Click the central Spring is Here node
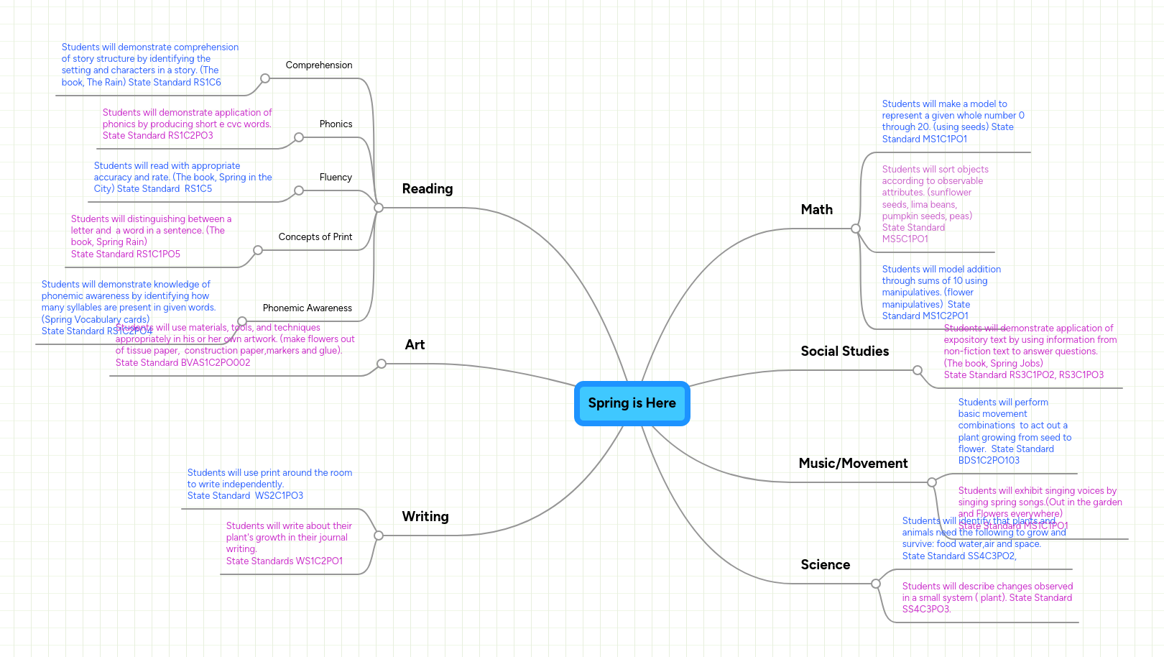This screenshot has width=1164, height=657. (x=632, y=403)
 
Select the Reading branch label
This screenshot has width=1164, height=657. (x=428, y=189)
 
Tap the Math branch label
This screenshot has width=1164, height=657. (x=817, y=210)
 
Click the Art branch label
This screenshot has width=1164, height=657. (x=415, y=345)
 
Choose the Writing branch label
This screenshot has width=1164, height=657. (x=425, y=517)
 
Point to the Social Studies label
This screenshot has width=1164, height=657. (x=845, y=352)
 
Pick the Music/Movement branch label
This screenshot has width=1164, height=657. (x=853, y=464)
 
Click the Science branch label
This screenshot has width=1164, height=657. (x=826, y=565)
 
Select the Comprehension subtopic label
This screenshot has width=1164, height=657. (x=319, y=65)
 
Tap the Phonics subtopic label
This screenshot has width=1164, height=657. (x=336, y=124)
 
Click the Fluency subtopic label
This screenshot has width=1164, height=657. (x=336, y=178)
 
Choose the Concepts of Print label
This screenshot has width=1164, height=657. (x=315, y=237)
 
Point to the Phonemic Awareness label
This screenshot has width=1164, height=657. (x=308, y=308)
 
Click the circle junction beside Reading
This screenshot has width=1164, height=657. (x=379, y=208)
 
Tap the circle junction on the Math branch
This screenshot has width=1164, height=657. (x=855, y=229)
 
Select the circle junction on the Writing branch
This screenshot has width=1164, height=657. (x=379, y=536)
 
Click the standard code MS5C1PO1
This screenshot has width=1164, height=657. (x=905, y=239)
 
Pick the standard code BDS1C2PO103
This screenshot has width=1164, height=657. (x=989, y=461)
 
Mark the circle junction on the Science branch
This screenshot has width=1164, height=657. (x=875, y=584)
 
